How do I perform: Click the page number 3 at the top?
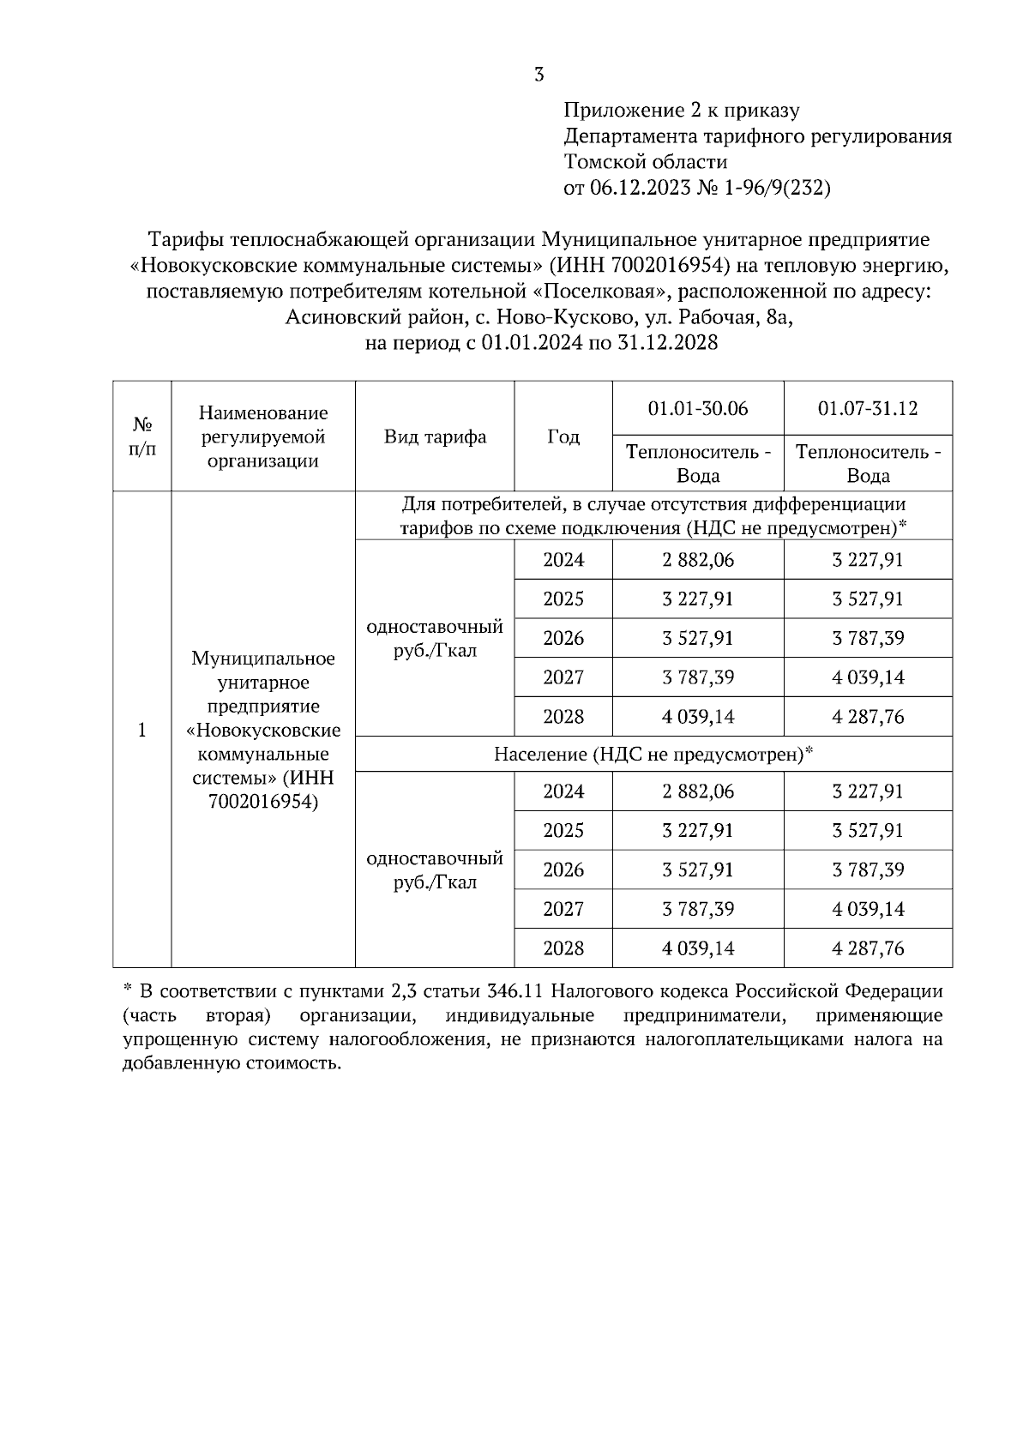[x=539, y=75]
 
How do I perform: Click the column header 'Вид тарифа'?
[x=435, y=436]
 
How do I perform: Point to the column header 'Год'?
[x=563, y=436]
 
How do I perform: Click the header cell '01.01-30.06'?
[x=698, y=408]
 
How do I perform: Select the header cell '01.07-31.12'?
[x=868, y=408]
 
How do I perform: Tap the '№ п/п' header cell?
[x=142, y=436]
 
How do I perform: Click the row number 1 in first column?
[x=142, y=730]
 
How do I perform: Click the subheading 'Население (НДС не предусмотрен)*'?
[x=653, y=755]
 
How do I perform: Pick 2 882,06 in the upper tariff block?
[x=698, y=560]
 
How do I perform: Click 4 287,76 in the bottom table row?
[x=868, y=948]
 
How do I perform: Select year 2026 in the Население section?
[x=563, y=869]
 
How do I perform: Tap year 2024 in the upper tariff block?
[x=563, y=560]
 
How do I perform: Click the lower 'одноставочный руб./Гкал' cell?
[x=435, y=869]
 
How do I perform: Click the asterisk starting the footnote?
[x=127, y=990]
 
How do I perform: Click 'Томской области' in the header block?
[x=646, y=162]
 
